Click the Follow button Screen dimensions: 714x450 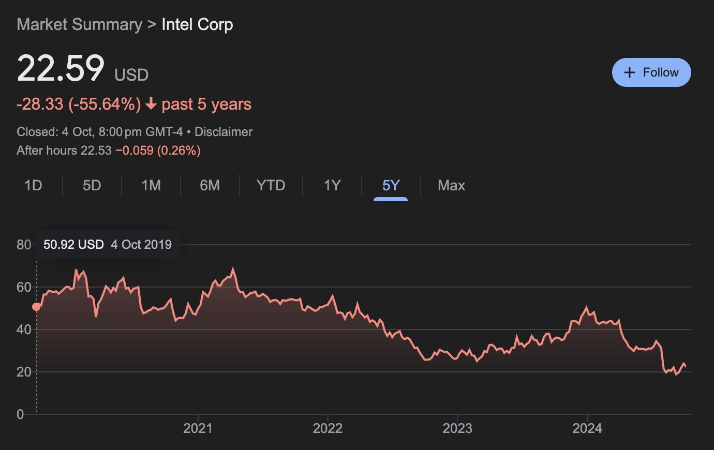click(x=651, y=72)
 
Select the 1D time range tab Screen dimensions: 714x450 click(x=33, y=186)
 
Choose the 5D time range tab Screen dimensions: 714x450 click(x=92, y=186)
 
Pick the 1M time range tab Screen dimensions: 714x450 click(x=151, y=186)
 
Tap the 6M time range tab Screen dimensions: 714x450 click(x=210, y=186)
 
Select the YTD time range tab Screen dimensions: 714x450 click(x=271, y=186)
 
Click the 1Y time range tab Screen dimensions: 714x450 click(x=332, y=186)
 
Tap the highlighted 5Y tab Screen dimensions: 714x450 click(x=391, y=186)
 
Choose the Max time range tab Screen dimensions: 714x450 click(x=451, y=186)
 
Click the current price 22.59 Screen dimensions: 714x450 click(x=61, y=68)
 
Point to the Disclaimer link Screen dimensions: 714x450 click(x=224, y=132)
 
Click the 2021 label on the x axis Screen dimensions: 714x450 click(x=198, y=428)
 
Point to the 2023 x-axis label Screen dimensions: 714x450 click(x=457, y=428)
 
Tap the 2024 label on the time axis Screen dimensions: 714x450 click(x=587, y=428)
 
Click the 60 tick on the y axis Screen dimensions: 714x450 click(x=24, y=288)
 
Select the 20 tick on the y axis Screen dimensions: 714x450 click(x=24, y=372)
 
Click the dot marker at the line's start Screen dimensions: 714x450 click(x=36, y=307)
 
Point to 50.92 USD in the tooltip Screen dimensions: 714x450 click(x=73, y=245)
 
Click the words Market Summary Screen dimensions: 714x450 click(x=79, y=24)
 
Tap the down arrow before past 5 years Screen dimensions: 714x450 click(x=151, y=104)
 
